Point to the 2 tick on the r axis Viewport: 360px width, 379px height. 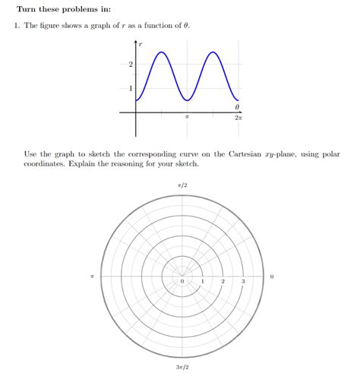(131, 65)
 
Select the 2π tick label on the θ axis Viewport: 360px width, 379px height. (238, 119)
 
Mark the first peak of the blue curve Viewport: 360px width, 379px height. (162, 52)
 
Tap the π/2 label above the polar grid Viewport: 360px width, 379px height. (182, 184)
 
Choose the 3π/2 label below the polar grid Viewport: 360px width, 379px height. (182, 368)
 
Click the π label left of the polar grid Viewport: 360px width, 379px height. (92, 276)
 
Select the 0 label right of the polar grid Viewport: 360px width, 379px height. (272, 276)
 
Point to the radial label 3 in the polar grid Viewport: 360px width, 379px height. (243, 282)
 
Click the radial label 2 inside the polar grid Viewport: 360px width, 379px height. (223, 282)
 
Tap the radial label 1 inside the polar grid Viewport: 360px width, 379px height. (203, 282)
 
